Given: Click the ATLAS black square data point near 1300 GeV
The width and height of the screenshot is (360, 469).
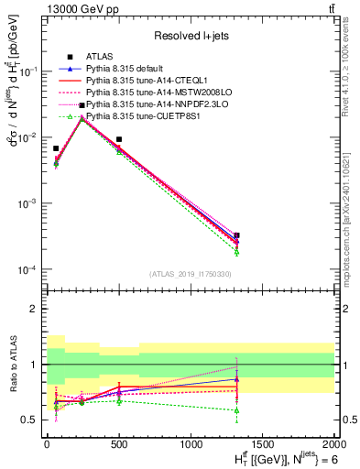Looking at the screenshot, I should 237,235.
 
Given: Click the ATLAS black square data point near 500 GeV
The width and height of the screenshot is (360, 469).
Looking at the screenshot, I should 119,139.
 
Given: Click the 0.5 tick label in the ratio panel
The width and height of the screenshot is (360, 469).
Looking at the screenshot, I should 30,420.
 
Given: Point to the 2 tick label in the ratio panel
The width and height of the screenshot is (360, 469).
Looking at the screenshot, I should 35,309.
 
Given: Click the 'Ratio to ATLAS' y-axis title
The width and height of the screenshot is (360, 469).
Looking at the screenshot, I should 12,364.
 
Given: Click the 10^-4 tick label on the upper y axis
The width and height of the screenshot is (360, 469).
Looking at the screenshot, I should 27,269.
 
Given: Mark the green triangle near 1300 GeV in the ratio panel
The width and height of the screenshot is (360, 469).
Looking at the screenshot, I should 237,409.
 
